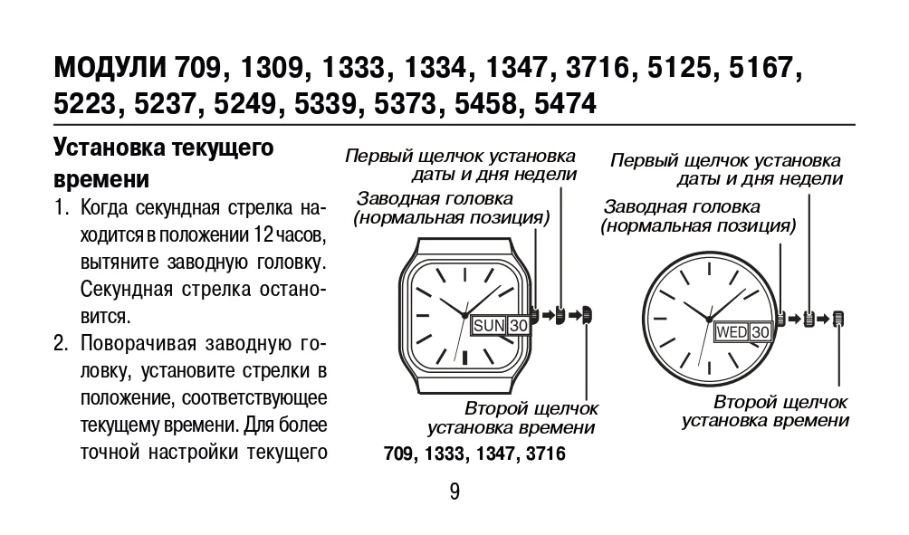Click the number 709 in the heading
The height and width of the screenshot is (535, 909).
[197, 68]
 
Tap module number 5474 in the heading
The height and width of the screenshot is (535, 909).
[565, 104]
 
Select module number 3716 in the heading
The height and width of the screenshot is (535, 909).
[598, 68]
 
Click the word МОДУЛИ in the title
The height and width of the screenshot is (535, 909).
[110, 68]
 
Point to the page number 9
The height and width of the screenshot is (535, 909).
[454, 492]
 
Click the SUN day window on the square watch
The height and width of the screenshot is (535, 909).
[489, 326]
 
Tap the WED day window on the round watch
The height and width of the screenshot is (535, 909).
[732, 332]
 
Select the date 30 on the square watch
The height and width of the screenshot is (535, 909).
[519, 326]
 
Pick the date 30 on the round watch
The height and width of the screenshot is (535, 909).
[760, 332]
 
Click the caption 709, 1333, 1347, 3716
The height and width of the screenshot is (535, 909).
[474, 454]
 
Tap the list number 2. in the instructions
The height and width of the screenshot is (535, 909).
[62, 343]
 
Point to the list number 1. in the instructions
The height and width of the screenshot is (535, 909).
[62, 207]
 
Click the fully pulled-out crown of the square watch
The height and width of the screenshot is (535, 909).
[587, 315]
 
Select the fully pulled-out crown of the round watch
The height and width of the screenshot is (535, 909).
[838, 319]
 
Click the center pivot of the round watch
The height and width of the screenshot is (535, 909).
[708, 319]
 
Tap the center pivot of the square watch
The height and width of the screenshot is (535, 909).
[464, 315]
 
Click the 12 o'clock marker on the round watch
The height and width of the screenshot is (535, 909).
[708, 268]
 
